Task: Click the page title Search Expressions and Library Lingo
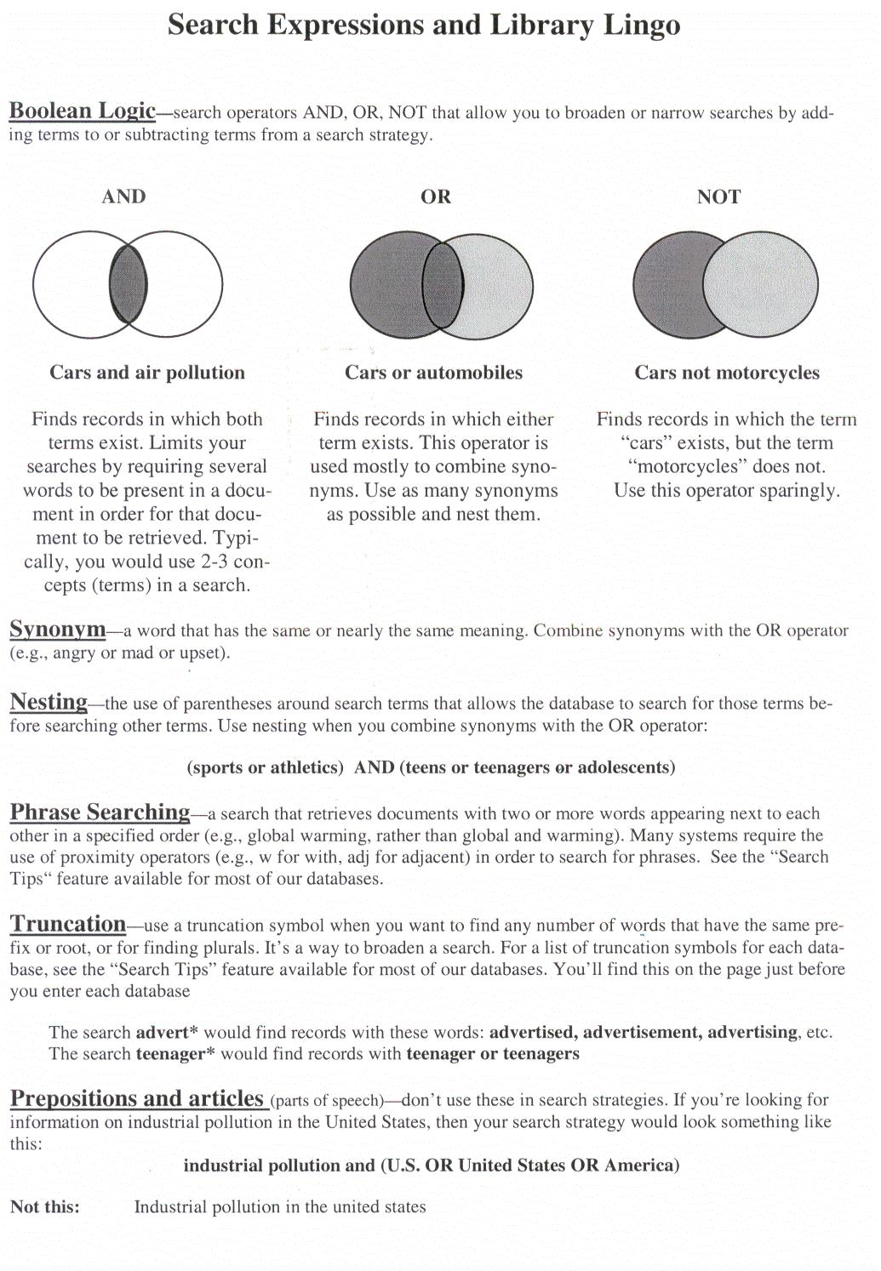click(x=424, y=26)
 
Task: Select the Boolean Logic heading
click(x=82, y=111)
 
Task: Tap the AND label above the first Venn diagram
click(x=123, y=197)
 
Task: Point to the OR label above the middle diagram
click(x=436, y=197)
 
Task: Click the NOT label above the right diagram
click(x=718, y=197)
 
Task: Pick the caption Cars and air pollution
click(x=147, y=373)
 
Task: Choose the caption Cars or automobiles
click(x=433, y=373)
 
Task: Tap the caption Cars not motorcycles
click(x=727, y=373)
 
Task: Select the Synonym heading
click(x=57, y=630)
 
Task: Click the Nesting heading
click(x=49, y=702)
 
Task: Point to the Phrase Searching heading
click(x=100, y=812)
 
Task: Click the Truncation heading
click(x=68, y=924)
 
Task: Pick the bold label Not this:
click(x=45, y=1206)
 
